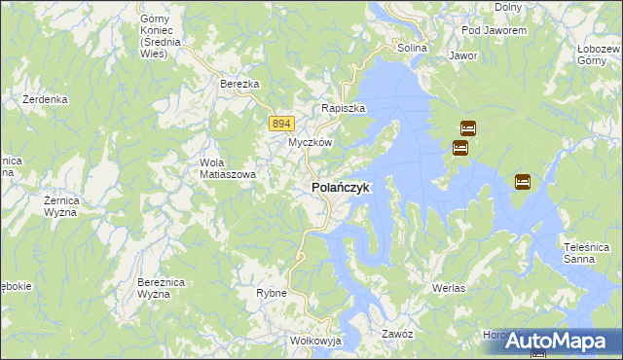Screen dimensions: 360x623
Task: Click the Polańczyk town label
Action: [x=340, y=187]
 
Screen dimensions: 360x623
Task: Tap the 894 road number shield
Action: [x=280, y=123]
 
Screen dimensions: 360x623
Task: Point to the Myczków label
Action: [x=311, y=142]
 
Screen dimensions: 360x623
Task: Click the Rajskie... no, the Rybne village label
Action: [x=271, y=292]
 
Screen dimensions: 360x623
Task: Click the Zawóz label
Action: [x=398, y=334]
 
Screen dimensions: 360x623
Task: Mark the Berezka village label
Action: [x=239, y=85]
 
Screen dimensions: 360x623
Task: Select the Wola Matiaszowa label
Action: [x=227, y=168]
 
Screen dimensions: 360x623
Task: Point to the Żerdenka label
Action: [x=45, y=99]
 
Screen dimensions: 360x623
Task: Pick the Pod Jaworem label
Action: [x=495, y=30]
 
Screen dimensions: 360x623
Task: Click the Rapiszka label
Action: [x=344, y=109]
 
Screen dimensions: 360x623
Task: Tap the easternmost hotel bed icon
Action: [x=522, y=181]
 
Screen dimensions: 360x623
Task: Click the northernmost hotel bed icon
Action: [x=467, y=127]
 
